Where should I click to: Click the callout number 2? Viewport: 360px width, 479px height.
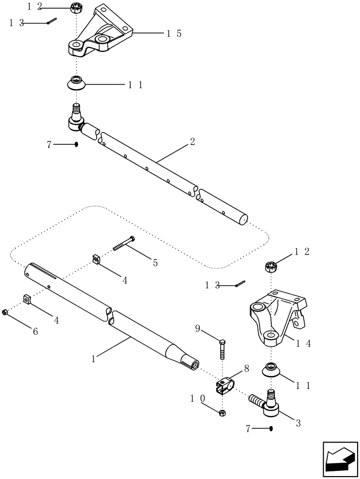pos(192,142)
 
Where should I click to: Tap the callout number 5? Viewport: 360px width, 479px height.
pos(155,262)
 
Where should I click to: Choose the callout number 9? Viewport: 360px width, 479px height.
pos(198,329)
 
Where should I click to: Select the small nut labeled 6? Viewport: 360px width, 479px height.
pos(5,312)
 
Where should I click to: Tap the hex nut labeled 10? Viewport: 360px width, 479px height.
pos(222,412)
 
